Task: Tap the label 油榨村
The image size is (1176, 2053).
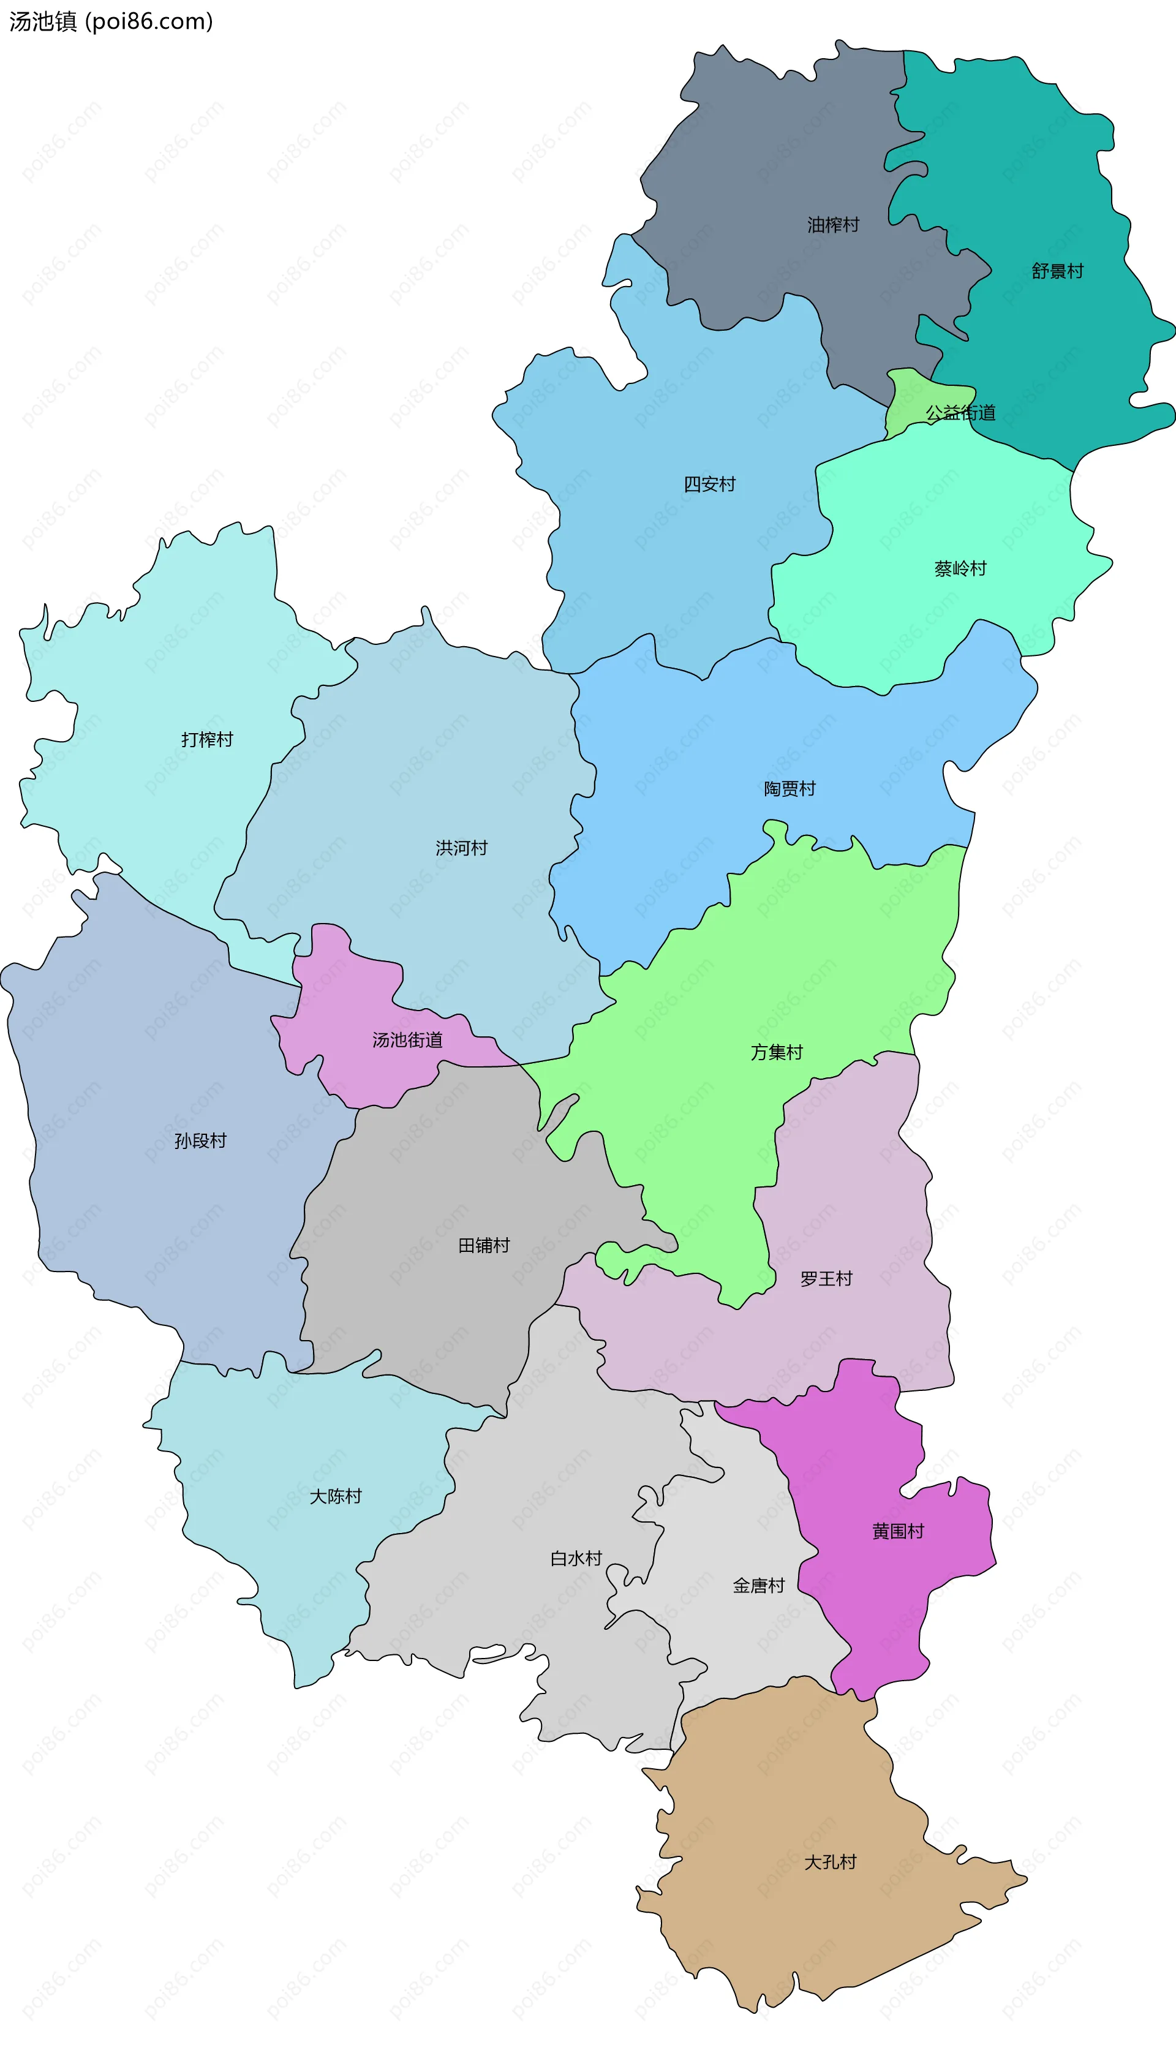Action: (x=833, y=225)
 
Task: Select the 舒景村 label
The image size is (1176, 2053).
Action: (x=1057, y=271)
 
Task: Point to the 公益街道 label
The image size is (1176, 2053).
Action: (x=960, y=413)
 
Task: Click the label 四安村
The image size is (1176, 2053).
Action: (x=709, y=484)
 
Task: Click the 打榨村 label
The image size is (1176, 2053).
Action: (x=207, y=740)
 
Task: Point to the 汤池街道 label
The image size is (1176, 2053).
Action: (x=407, y=1040)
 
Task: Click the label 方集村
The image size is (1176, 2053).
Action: (x=776, y=1052)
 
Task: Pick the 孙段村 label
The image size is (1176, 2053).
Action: (x=200, y=1141)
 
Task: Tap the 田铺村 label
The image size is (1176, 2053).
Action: (x=484, y=1245)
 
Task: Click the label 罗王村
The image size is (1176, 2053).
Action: (x=826, y=1278)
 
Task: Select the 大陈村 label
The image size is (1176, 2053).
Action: (x=335, y=1496)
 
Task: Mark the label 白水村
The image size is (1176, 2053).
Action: (x=576, y=1559)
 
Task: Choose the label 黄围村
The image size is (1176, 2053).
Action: (x=897, y=1531)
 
